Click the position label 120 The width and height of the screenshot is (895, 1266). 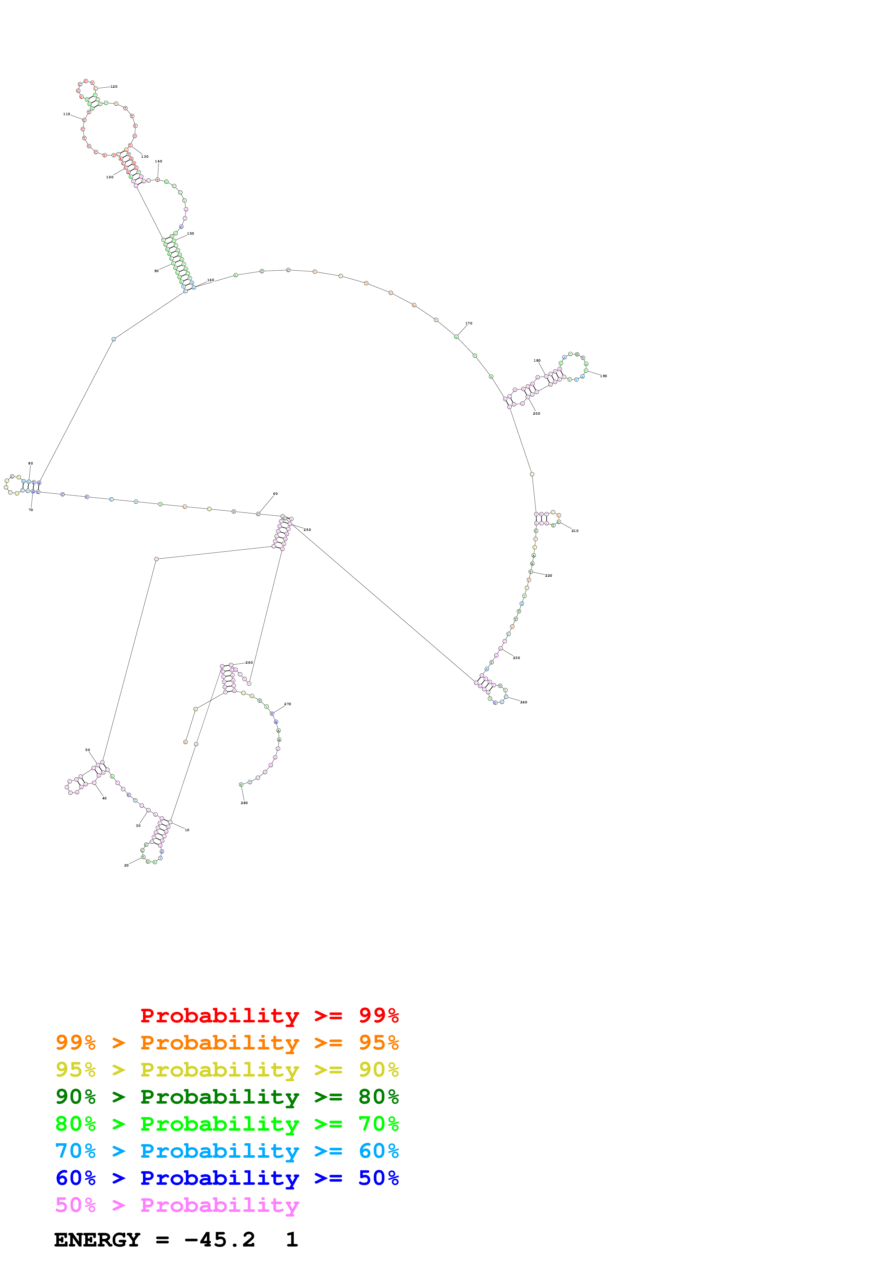pos(114,87)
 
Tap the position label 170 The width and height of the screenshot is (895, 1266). pos(469,324)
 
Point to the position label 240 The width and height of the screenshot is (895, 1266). pos(523,703)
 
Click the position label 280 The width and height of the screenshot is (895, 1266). pos(244,803)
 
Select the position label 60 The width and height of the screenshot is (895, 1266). pos(275,494)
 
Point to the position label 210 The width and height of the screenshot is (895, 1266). pos(575,531)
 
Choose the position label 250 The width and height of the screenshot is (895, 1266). pos(307,530)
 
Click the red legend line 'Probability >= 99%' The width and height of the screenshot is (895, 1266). pos(269,1015)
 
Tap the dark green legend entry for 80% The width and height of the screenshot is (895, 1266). pos(227,1097)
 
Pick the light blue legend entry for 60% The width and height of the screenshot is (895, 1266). pos(227,1151)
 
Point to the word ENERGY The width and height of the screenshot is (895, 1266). pos(97,1240)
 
